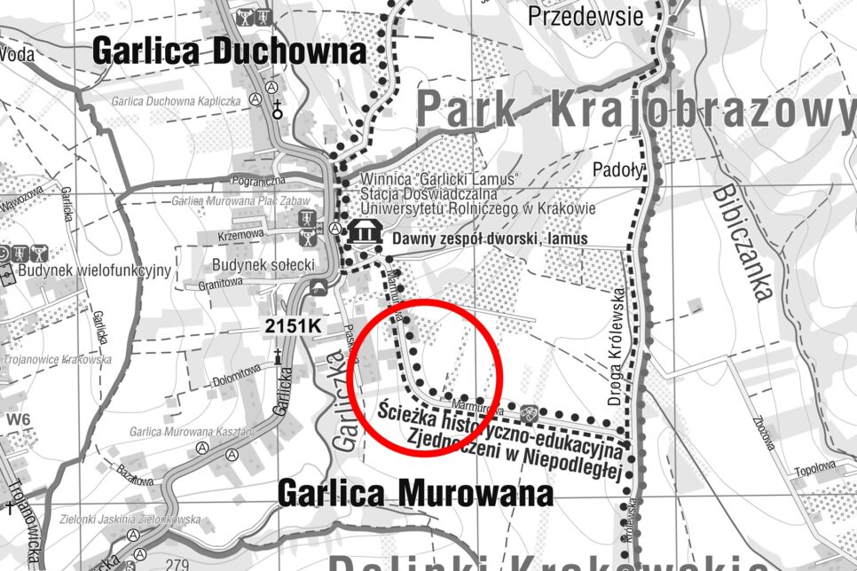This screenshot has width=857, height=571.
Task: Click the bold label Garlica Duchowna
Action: pos(229,51)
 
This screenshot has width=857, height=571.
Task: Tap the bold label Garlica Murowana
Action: pos(415,493)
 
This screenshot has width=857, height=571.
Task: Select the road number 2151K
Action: pos(292,326)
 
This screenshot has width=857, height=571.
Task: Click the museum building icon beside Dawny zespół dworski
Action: pos(363,233)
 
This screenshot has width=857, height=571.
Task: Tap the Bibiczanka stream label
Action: pos(742,240)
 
